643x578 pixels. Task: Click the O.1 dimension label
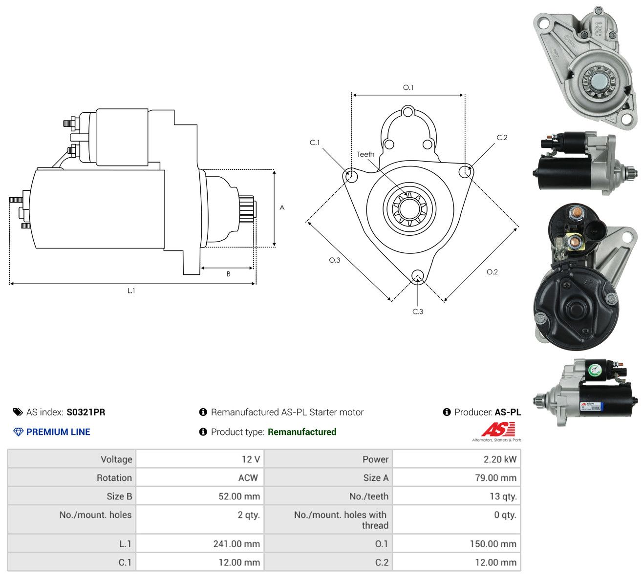407,87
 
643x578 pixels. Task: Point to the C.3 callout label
417,311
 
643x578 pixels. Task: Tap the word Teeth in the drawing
365,154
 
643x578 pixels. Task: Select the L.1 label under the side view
131,290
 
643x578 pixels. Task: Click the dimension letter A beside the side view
282,207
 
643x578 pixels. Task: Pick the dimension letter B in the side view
228,274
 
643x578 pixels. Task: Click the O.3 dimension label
334,260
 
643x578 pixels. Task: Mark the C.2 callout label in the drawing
502,138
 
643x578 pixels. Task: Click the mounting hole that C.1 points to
352,176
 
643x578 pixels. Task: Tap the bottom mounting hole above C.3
417,275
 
